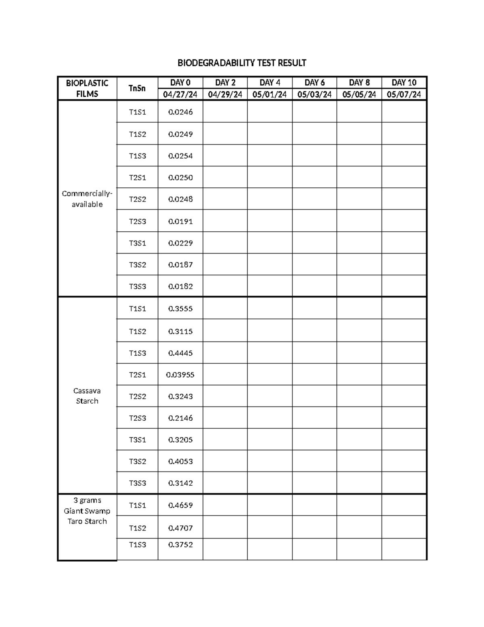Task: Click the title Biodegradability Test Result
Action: (242, 63)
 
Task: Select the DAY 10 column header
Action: (404, 83)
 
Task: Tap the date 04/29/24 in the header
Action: (225, 94)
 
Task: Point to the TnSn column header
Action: (137, 88)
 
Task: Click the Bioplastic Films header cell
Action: (87, 88)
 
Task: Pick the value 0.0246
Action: (180, 112)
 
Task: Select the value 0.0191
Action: (180, 221)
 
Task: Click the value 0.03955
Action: (180, 375)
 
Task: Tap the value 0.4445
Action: (180, 353)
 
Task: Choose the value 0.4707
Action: (180, 528)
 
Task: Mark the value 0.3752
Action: (180, 545)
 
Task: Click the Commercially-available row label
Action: (87, 199)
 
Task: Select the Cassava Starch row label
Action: (87, 396)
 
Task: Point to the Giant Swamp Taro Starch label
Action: (87, 511)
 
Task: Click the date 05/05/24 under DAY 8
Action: (359, 94)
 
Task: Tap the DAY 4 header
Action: (270, 83)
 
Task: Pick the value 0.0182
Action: (180, 286)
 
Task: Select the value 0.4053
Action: (180, 461)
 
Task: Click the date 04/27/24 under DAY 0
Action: (180, 94)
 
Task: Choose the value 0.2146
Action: (180, 418)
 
